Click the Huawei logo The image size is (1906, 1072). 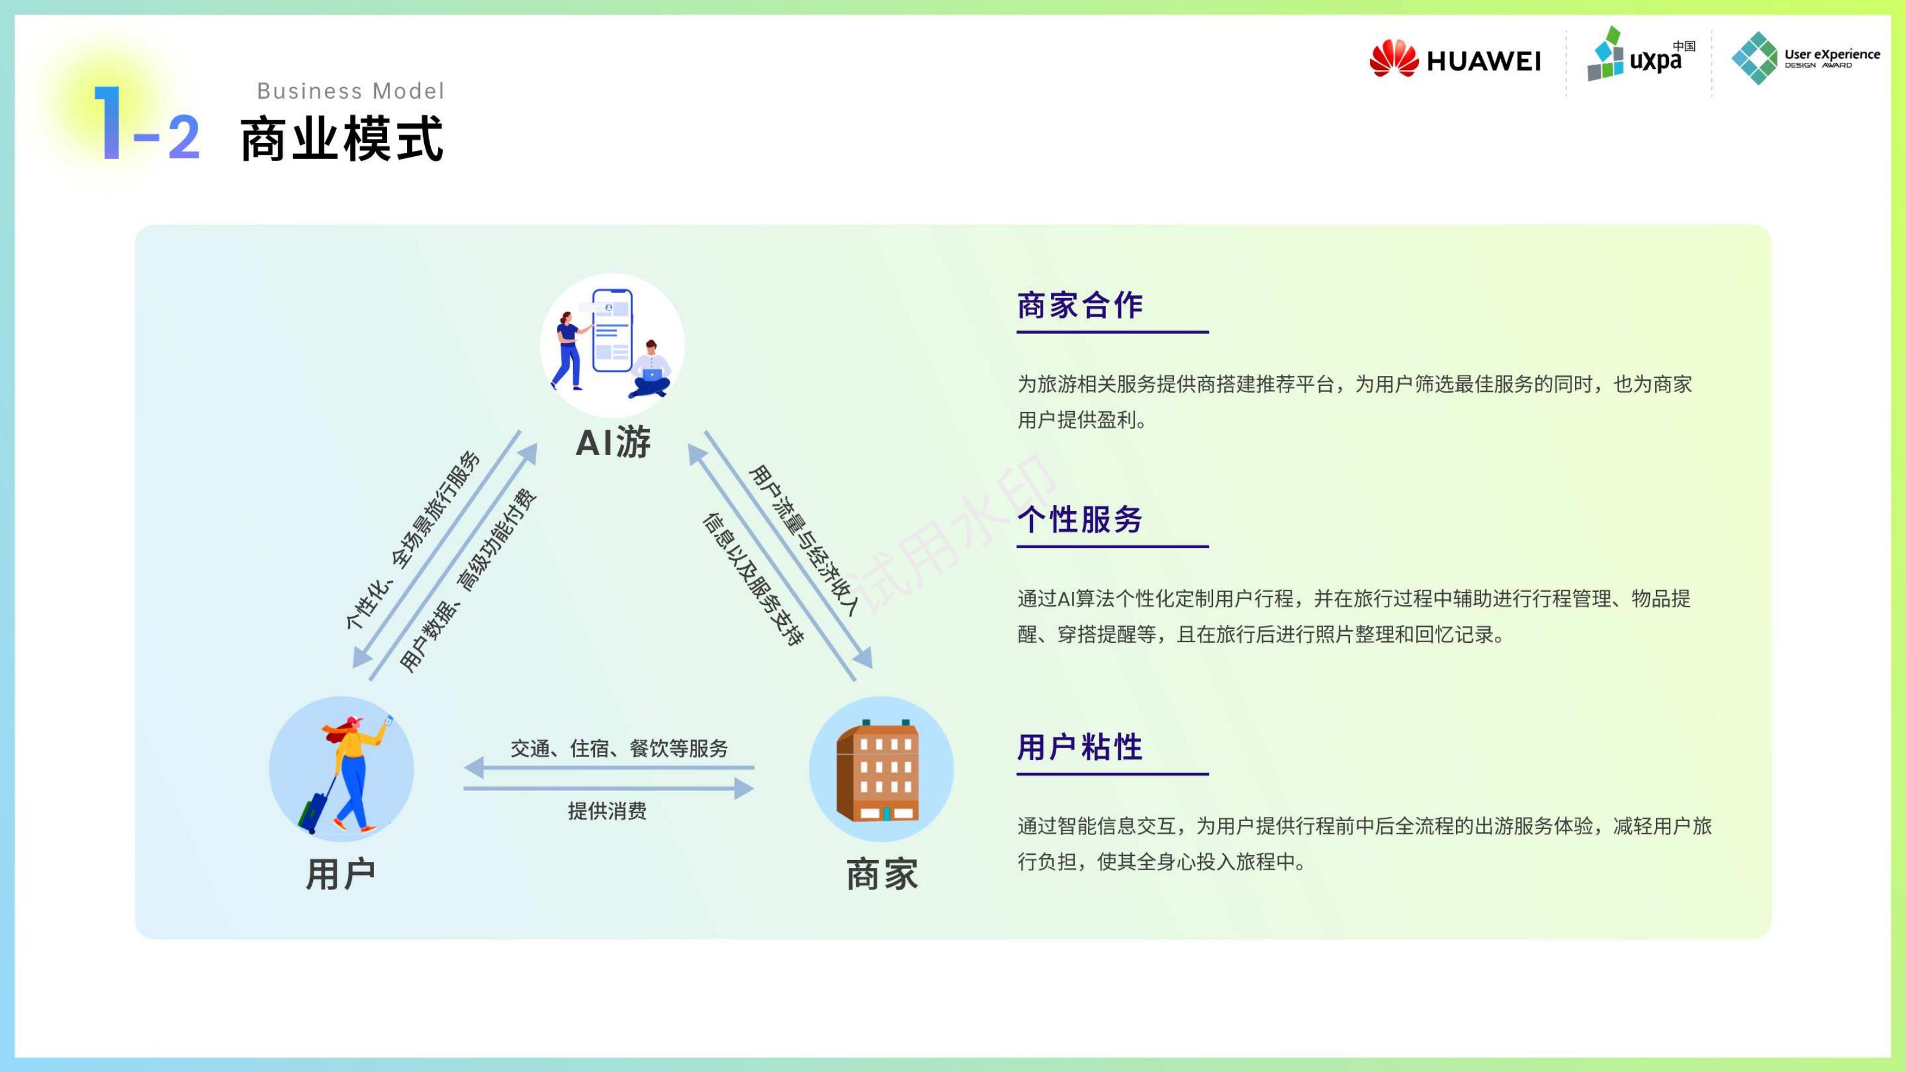tap(1455, 59)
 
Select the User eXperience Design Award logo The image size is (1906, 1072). tap(1805, 57)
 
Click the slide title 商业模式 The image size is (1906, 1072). tap(342, 138)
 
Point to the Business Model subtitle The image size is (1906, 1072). tap(351, 91)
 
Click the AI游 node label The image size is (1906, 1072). tap(613, 442)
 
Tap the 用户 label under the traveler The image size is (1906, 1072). tap(341, 874)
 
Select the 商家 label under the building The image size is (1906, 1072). tap(882, 874)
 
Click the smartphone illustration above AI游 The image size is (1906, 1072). tap(612, 331)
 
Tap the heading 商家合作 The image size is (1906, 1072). tap(1080, 305)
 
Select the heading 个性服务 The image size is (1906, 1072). tap(1080, 520)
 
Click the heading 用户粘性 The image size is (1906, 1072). tap(1080, 747)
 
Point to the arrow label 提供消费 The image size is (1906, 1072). tap(607, 811)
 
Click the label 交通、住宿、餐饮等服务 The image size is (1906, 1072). tap(619, 749)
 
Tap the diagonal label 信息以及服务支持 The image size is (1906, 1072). tap(752, 579)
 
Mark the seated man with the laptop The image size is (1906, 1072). tap(650, 370)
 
